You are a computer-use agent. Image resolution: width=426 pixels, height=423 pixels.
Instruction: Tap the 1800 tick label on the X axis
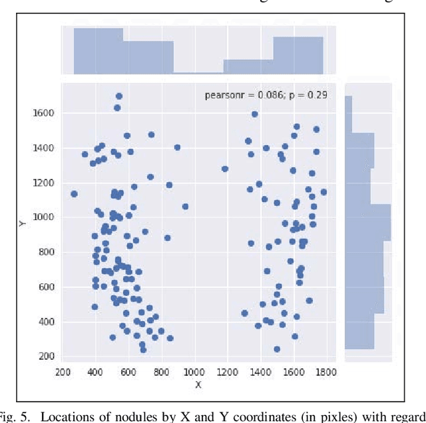[x=325, y=373]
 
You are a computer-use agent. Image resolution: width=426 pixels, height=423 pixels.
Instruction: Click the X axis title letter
[x=198, y=384]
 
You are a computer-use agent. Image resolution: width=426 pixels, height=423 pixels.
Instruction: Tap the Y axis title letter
[x=21, y=224]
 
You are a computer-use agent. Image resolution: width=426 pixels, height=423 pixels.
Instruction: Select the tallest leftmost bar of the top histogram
[x=98, y=51]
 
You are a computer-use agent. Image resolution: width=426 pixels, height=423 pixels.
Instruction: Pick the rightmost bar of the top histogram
[x=298, y=55]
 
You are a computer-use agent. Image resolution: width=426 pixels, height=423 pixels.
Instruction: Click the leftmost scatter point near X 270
[x=74, y=194]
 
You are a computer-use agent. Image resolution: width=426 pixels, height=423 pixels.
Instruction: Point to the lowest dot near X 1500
[x=277, y=349]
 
